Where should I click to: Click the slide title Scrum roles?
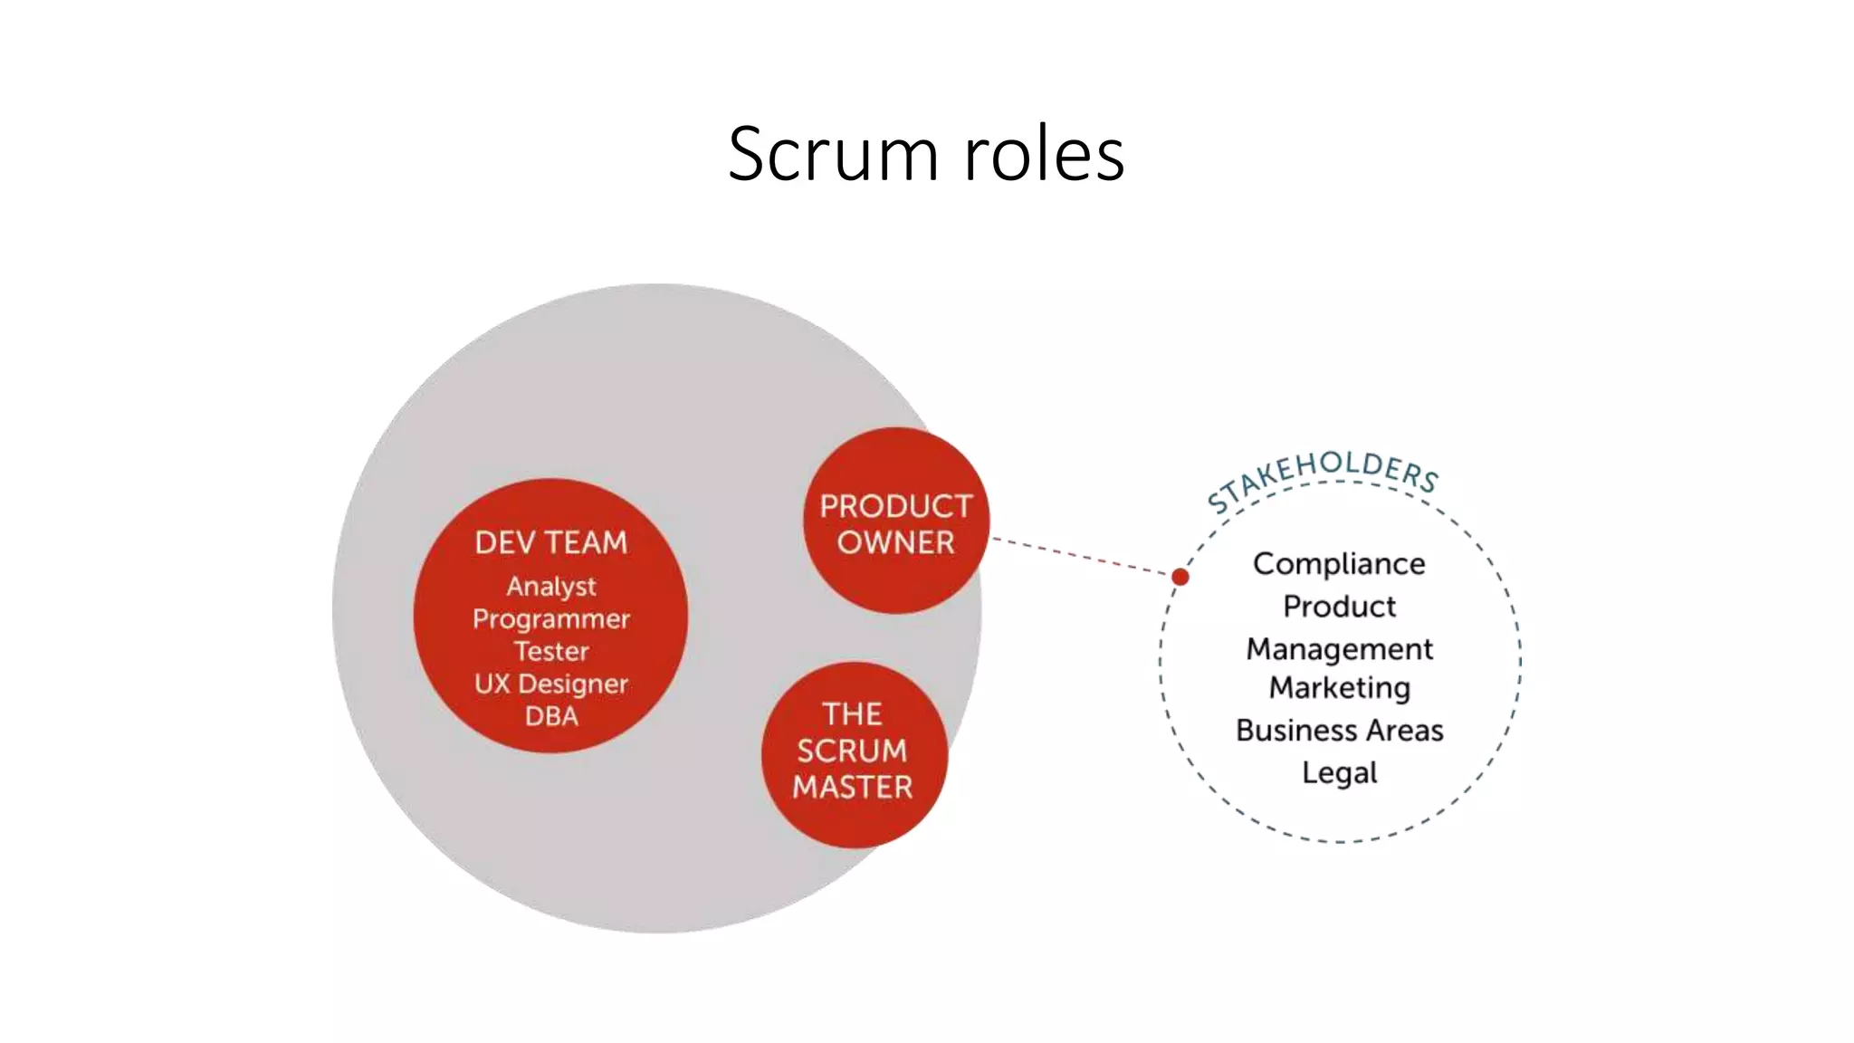pyautogui.click(x=926, y=154)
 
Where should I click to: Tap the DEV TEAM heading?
pyautogui.click(x=551, y=542)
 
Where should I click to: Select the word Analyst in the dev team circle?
pyautogui.click(x=551, y=587)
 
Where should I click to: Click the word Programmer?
pyautogui.click(x=551, y=619)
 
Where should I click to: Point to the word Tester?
pyautogui.click(x=551, y=651)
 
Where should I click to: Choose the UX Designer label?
pyautogui.click(x=551, y=684)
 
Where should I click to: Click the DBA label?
pyautogui.click(x=551, y=716)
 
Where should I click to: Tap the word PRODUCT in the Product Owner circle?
pyautogui.click(x=895, y=506)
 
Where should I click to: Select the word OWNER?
pyautogui.click(x=895, y=542)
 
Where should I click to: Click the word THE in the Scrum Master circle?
pyautogui.click(x=852, y=714)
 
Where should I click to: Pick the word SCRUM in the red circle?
pyautogui.click(x=852, y=751)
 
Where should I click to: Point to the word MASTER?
pyautogui.click(x=852, y=787)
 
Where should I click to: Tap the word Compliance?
pyautogui.click(x=1339, y=564)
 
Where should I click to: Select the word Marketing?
pyautogui.click(x=1339, y=688)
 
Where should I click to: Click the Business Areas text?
pyautogui.click(x=1339, y=731)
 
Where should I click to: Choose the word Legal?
pyautogui.click(x=1339, y=773)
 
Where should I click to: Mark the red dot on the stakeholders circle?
pyautogui.click(x=1180, y=577)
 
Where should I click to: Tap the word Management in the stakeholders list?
pyautogui.click(x=1339, y=649)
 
